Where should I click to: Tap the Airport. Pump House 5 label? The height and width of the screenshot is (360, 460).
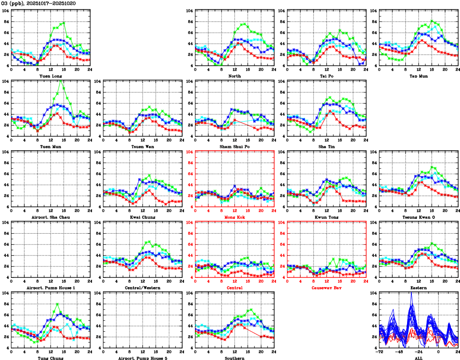(142, 358)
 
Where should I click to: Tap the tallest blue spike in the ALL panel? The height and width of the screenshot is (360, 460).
(411, 293)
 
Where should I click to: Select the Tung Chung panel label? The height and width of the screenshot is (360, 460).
(50, 358)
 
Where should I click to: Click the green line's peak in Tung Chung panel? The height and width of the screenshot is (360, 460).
(57, 304)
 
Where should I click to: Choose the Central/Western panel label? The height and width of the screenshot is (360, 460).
(142, 288)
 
